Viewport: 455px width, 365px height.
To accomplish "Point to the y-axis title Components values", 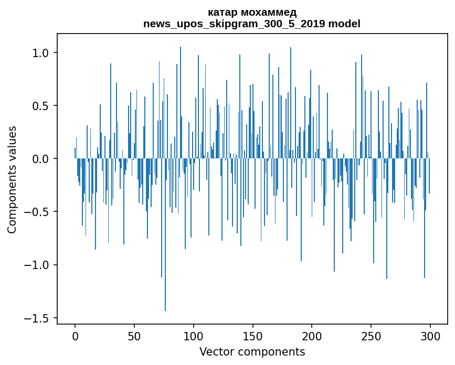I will pyautogui.click(x=12, y=179).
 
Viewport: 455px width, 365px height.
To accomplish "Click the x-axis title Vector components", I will pyautogui.click(x=252, y=351).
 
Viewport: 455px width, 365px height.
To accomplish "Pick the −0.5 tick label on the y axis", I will pyautogui.click(x=38, y=212).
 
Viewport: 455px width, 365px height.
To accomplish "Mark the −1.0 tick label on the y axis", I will pyautogui.click(x=38, y=265).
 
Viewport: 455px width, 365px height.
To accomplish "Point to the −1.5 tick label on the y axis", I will pyautogui.click(x=38, y=318).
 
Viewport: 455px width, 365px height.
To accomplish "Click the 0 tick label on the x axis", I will pyautogui.click(x=75, y=335).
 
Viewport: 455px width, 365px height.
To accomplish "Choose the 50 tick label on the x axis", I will pyautogui.click(x=134, y=335).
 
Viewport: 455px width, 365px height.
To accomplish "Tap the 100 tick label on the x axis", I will pyautogui.click(x=194, y=335).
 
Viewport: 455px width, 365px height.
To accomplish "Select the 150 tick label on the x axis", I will pyautogui.click(x=252, y=335).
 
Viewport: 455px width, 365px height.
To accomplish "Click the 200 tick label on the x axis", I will pyautogui.click(x=312, y=335).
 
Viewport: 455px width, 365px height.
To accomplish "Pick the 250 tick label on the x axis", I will pyautogui.click(x=371, y=335).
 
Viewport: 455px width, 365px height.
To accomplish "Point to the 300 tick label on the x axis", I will pyautogui.click(x=430, y=335).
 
